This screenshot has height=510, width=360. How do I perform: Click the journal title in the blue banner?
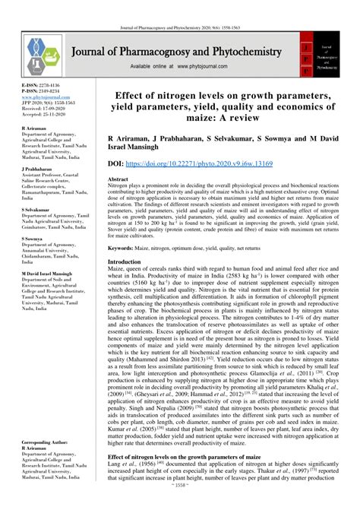tap(176, 52)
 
